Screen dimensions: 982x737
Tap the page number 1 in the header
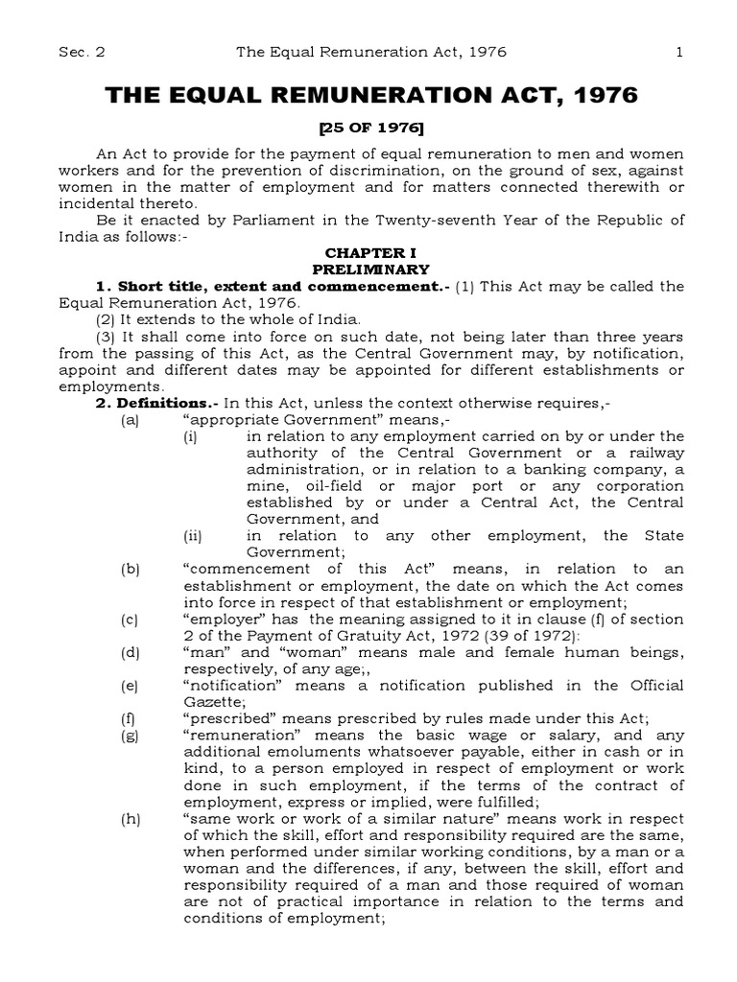(x=679, y=52)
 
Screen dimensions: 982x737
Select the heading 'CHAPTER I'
(x=369, y=251)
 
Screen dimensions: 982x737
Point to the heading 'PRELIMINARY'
(x=369, y=269)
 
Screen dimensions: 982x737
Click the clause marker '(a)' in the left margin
(x=131, y=420)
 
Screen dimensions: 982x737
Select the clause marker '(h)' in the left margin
(x=131, y=792)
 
